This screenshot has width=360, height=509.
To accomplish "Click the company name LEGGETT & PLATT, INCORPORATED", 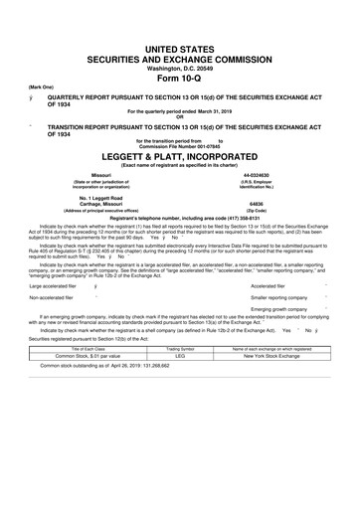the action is (179, 157).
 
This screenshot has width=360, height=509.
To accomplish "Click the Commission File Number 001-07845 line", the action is (179, 147).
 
